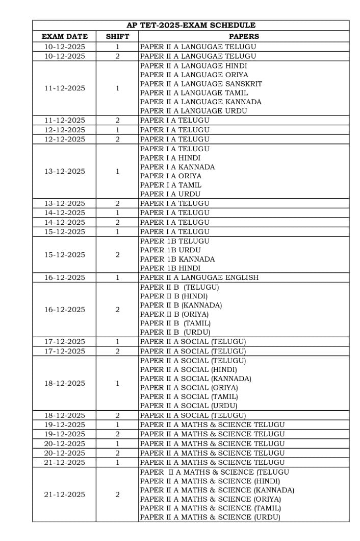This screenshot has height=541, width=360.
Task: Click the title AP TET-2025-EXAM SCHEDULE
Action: click(x=191, y=25)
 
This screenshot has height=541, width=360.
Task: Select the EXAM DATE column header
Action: click(x=64, y=36)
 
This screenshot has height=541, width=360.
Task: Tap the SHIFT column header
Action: click(x=117, y=36)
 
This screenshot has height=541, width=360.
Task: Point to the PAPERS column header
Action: click(x=244, y=36)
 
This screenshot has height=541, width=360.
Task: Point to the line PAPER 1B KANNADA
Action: click(x=177, y=259)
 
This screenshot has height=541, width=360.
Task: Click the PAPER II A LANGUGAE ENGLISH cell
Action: click(x=199, y=277)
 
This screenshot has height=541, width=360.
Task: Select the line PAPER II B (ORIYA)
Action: click(x=174, y=314)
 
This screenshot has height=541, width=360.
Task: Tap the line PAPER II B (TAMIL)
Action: click(x=175, y=323)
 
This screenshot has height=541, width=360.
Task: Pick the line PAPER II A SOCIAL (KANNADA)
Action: click(x=195, y=379)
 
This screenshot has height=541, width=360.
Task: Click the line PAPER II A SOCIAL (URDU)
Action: click(x=189, y=406)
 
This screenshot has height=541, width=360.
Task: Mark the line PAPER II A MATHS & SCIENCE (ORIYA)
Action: click(x=210, y=499)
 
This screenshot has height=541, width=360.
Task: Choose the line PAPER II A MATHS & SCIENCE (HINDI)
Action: click(x=210, y=481)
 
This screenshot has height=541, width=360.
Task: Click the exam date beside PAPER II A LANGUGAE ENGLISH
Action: click(x=64, y=277)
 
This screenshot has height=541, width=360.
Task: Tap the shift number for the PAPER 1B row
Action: click(x=117, y=254)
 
